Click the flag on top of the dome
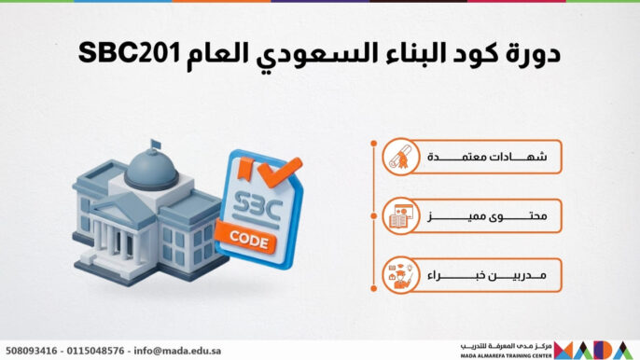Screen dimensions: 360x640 (155, 145)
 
